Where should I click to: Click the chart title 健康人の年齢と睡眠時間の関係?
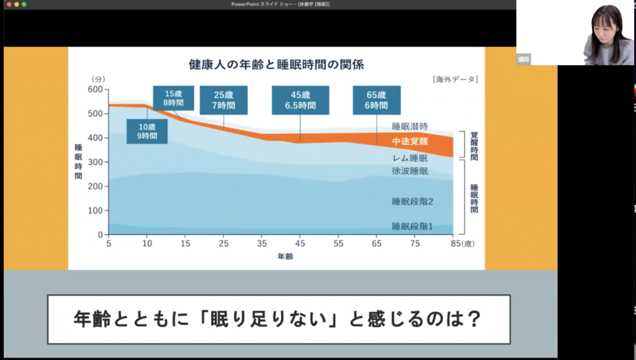coord(276,65)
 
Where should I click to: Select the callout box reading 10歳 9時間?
coord(147,132)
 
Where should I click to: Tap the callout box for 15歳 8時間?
coord(174,98)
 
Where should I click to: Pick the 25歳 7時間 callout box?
coord(224,100)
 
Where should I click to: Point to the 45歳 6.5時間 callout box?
coord(301,100)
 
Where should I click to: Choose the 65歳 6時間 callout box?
coord(376,100)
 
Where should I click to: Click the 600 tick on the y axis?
coord(95,89)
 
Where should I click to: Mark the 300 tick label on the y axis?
coord(95,162)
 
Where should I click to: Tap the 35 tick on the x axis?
coord(262,243)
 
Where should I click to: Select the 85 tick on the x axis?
coord(456,243)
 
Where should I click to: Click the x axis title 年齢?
coord(285,256)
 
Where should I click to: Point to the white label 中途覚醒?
coord(410,142)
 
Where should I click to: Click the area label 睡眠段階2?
coord(412,202)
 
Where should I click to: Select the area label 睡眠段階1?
coord(412,226)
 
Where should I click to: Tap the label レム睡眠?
coord(410,158)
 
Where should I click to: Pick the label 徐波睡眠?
coord(410,171)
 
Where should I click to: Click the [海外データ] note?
coord(455,79)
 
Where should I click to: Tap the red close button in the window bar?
coord(9,4)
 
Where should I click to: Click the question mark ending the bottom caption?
coord(474,319)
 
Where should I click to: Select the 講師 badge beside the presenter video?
coord(523,60)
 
